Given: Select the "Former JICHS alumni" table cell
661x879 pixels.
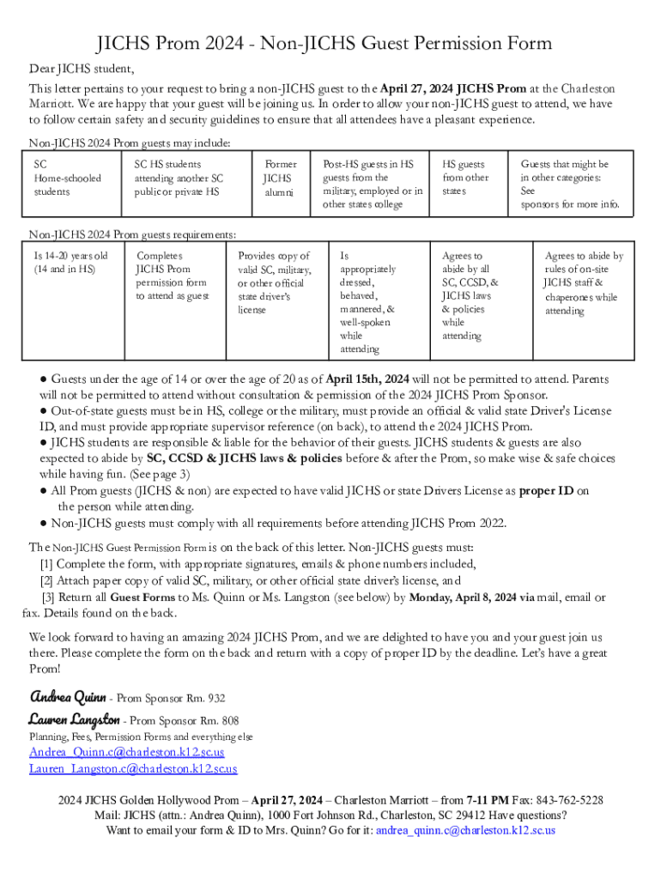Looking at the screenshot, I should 280,178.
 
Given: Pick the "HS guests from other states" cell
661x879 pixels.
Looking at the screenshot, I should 464,178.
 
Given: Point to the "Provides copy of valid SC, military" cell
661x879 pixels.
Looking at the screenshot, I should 274,282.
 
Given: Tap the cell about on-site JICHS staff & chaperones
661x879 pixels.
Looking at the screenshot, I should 583,282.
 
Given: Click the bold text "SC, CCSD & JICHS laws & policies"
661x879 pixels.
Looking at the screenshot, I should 244,458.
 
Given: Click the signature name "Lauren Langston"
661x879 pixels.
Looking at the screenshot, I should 74,719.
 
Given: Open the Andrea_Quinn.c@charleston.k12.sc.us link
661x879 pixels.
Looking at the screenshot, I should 126,752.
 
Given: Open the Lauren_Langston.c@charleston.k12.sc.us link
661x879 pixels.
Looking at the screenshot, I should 133,768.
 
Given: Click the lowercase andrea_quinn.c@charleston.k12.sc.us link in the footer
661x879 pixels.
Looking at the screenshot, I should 466,830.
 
